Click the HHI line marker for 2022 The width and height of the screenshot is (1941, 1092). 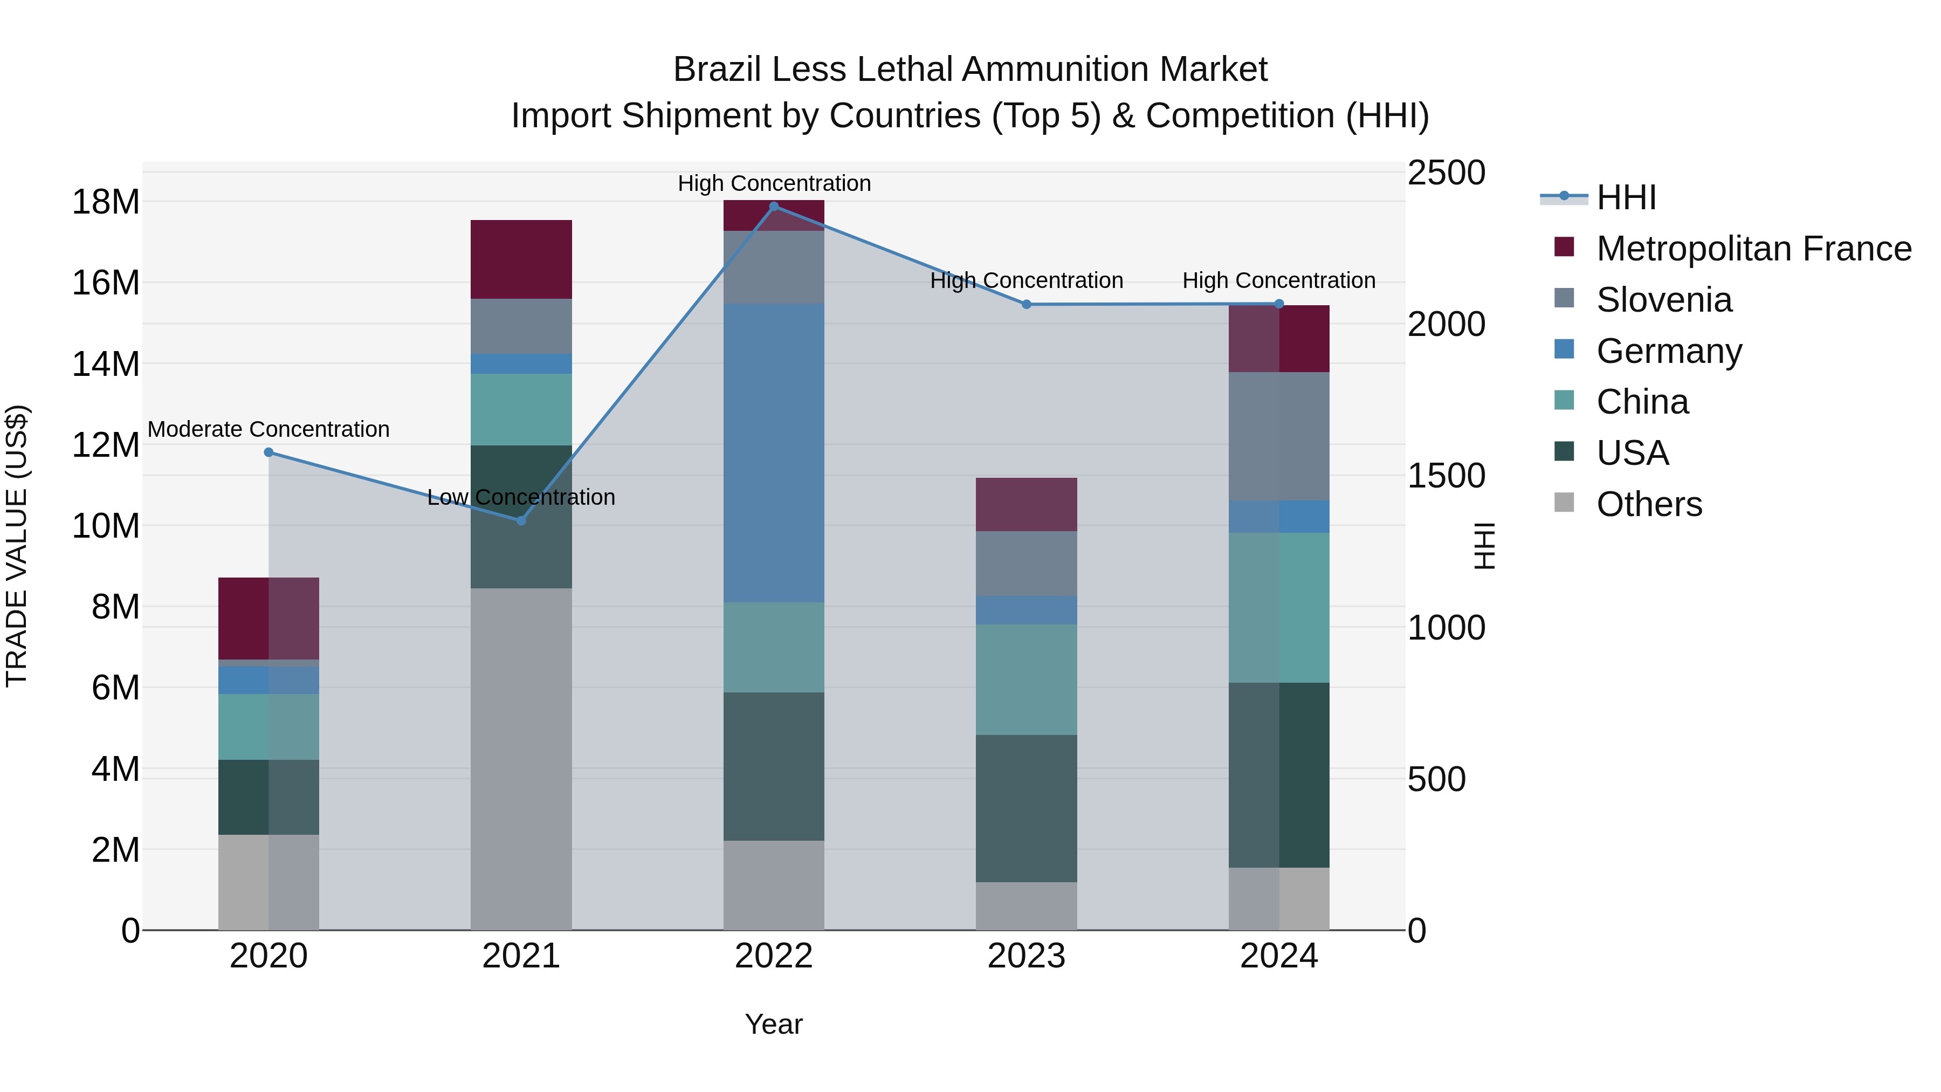(773, 207)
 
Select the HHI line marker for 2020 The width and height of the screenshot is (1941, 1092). (269, 452)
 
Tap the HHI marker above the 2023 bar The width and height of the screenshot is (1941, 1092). (1026, 305)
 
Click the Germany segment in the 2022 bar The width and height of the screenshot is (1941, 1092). (773, 452)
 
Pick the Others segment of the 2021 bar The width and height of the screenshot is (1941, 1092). (521, 758)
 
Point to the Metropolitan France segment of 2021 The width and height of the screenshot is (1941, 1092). (521, 259)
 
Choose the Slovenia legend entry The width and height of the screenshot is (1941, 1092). (1664, 300)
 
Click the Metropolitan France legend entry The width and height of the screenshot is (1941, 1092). (1753, 249)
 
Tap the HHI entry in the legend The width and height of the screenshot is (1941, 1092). (1626, 197)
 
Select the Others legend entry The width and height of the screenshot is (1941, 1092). (1649, 504)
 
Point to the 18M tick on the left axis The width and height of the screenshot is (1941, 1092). (106, 202)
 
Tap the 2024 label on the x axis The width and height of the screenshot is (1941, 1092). (1279, 956)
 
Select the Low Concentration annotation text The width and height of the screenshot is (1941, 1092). (521, 497)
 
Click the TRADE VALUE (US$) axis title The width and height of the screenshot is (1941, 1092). (17, 546)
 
